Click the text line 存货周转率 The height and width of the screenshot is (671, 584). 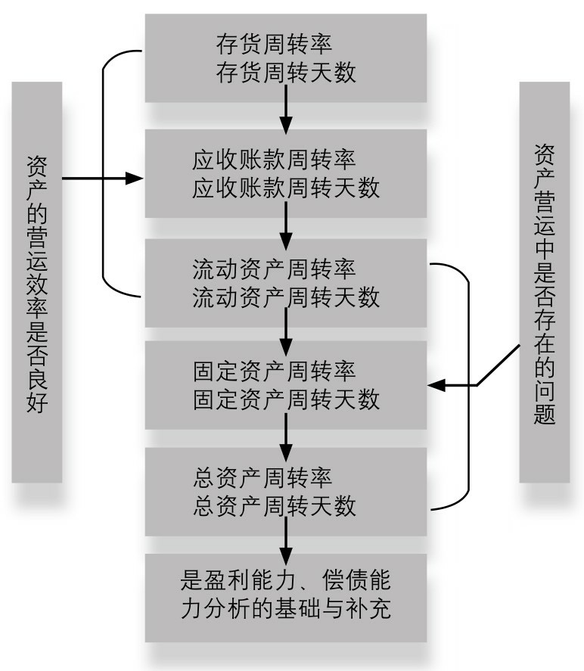click(274, 44)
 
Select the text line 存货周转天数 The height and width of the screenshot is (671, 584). click(286, 72)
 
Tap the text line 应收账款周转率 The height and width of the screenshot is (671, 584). click(274, 160)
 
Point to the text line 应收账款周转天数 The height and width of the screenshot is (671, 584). click(286, 188)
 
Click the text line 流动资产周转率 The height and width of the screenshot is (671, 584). click(274, 269)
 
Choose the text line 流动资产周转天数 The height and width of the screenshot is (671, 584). click(286, 297)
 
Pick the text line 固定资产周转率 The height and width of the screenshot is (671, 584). click(274, 371)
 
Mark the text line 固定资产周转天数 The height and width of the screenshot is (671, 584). click(286, 399)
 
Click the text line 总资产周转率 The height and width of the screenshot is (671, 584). click(262, 477)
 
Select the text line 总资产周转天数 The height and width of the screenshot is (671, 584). click(275, 505)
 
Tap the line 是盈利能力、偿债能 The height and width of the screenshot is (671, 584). click(285, 580)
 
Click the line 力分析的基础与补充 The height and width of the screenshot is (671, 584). click(285, 608)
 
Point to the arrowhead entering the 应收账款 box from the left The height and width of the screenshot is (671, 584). click(135, 178)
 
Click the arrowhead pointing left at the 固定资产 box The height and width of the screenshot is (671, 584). click(436, 385)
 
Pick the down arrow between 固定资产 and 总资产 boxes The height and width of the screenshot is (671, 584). click(286, 437)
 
